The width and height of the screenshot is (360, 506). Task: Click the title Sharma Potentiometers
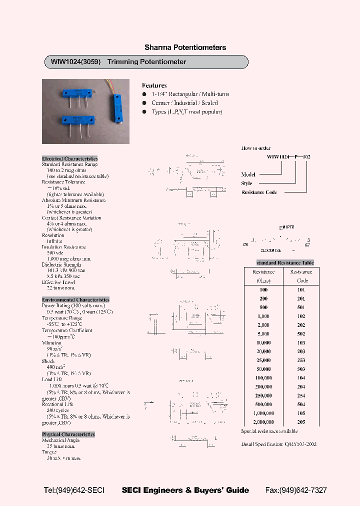coord(185,47)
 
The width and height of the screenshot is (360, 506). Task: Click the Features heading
coord(154,85)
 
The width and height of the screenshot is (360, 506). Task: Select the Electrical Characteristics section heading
coord(69,158)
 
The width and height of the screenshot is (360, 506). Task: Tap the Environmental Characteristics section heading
coord(75,299)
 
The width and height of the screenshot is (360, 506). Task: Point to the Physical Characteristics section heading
coord(68,434)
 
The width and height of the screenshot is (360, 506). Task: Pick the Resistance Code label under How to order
coord(259,192)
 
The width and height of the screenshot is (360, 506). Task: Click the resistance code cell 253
coord(301,360)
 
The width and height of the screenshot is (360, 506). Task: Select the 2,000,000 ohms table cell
coord(263,422)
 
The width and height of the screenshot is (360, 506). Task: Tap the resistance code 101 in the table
coord(301,290)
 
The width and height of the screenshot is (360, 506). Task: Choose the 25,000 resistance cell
coord(263,360)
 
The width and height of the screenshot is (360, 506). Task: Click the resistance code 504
coord(301,404)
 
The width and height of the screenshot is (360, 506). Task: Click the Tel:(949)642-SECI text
coord(74,490)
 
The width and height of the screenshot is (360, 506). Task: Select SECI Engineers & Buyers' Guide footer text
coord(185,490)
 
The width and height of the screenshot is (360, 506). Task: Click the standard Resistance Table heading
coord(285,262)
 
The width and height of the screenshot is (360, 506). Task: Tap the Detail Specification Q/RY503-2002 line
coord(278,444)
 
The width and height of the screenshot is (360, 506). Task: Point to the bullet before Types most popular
coord(144,112)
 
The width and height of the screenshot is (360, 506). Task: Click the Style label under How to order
coord(247,183)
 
